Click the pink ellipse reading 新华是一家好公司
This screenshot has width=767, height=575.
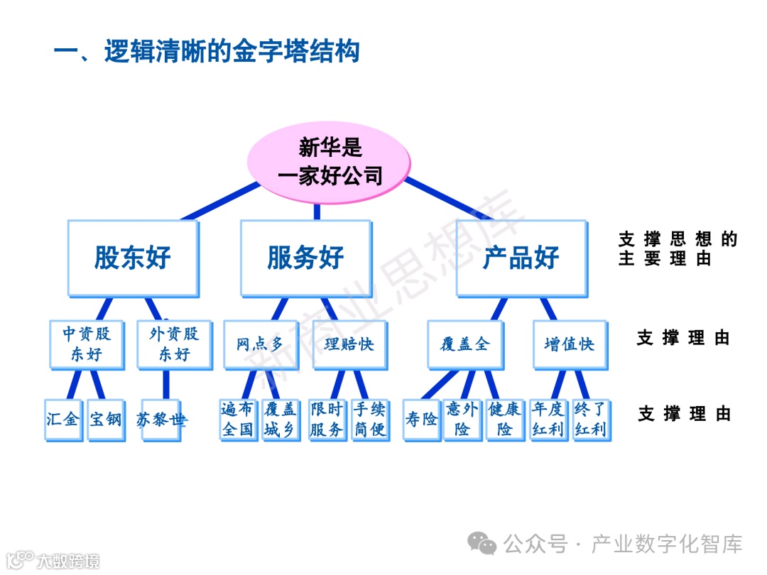coord(329,161)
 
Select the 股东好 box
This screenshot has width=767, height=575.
coord(133,258)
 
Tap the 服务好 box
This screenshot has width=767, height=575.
coord(305,258)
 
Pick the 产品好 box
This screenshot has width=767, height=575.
coord(521,258)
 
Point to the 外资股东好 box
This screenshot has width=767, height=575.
coord(174,344)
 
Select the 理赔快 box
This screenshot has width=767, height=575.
coord(349,344)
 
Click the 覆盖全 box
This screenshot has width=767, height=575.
coord(464,344)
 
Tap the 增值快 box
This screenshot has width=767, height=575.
coord(569,344)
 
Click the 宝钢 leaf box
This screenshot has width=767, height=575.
coord(106,419)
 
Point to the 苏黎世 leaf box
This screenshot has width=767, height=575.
coord(163,419)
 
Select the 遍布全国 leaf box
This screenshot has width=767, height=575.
coord(238,419)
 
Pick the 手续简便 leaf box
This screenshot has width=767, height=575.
coord(370,419)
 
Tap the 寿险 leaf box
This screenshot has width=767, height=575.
coord(422,420)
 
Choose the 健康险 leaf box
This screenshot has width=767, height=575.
coord(505,419)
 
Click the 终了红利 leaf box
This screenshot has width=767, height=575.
coord(590,419)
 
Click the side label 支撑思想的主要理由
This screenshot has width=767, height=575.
coord(678,249)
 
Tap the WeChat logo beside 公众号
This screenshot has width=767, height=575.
coord(486,544)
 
